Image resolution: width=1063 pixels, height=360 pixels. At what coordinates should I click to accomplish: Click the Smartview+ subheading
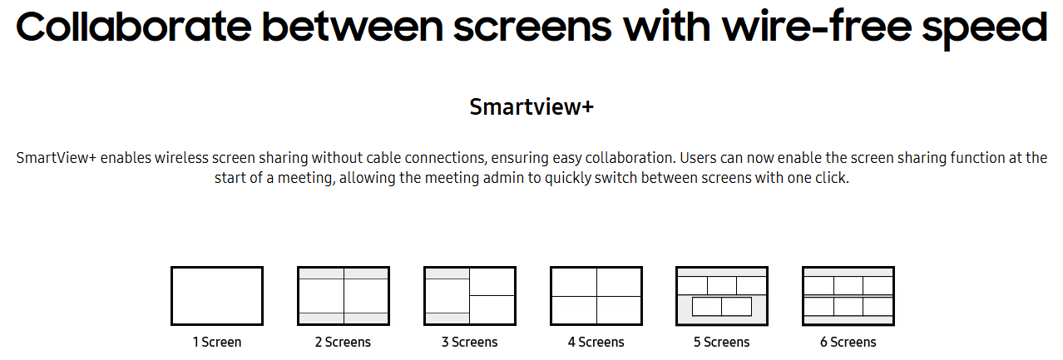pyautogui.click(x=531, y=106)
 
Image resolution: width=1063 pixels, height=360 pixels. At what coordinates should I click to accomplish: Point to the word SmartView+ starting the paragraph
pyautogui.click(x=57, y=157)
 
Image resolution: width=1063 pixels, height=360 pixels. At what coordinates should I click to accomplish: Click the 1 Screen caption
pyautogui.click(x=217, y=342)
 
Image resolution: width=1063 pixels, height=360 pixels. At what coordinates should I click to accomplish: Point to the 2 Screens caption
pyautogui.click(x=343, y=342)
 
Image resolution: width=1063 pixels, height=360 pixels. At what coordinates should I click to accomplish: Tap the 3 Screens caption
pyautogui.click(x=470, y=342)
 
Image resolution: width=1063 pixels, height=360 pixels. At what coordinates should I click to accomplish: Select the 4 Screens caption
pyautogui.click(x=596, y=342)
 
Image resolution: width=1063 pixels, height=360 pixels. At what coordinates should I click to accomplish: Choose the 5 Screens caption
pyautogui.click(x=722, y=342)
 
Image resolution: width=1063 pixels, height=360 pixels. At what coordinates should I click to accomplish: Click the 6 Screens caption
pyautogui.click(x=848, y=342)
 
